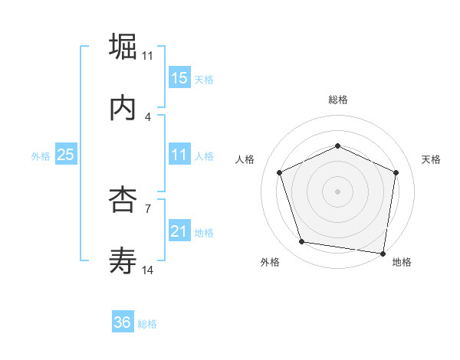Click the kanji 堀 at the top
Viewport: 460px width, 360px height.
tap(123, 46)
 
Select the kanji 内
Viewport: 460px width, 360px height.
tap(123, 108)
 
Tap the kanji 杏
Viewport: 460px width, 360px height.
tap(123, 200)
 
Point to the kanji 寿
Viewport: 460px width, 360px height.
tap(123, 262)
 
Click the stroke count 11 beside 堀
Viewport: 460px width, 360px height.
tap(148, 55)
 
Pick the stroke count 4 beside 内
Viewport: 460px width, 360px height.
tap(148, 116)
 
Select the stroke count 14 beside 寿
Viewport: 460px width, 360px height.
tap(148, 270)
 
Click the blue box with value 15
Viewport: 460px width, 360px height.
tap(179, 78)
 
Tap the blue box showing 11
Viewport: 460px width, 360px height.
tap(179, 155)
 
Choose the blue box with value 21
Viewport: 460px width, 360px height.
tap(179, 231)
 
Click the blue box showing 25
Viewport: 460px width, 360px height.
tap(65, 155)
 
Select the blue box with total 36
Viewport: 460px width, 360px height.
tap(122, 322)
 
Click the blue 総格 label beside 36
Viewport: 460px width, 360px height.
tap(147, 324)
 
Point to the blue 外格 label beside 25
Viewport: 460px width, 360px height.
tap(41, 156)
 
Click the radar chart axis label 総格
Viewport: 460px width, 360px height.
tap(338, 100)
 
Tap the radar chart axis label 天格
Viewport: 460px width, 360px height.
tap(432, 159)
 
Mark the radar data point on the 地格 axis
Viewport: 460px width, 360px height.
tap(383, 253)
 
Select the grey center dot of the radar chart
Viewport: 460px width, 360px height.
tap(338, 191)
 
